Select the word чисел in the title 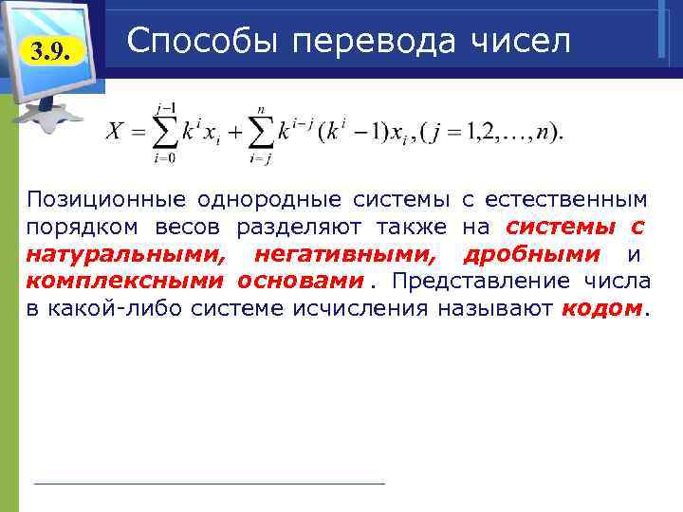pos(518,41)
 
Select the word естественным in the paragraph pos(566,199)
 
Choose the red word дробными pos(531,254)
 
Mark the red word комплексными pos(124,282)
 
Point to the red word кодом pos(601,309)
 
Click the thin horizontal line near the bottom pos(209,484)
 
